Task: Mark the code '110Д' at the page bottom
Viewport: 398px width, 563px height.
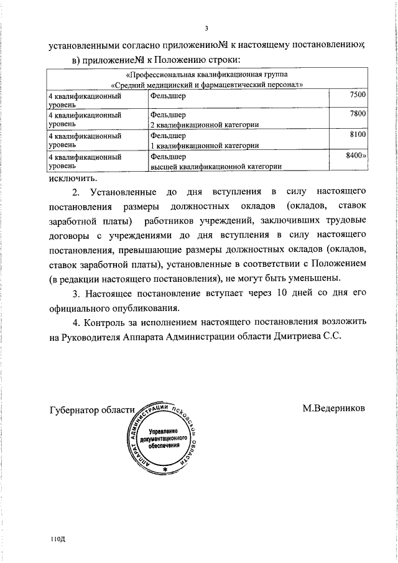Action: click(x=58, y=538)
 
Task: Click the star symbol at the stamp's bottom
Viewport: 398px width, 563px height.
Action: click(x=165, y=467)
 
